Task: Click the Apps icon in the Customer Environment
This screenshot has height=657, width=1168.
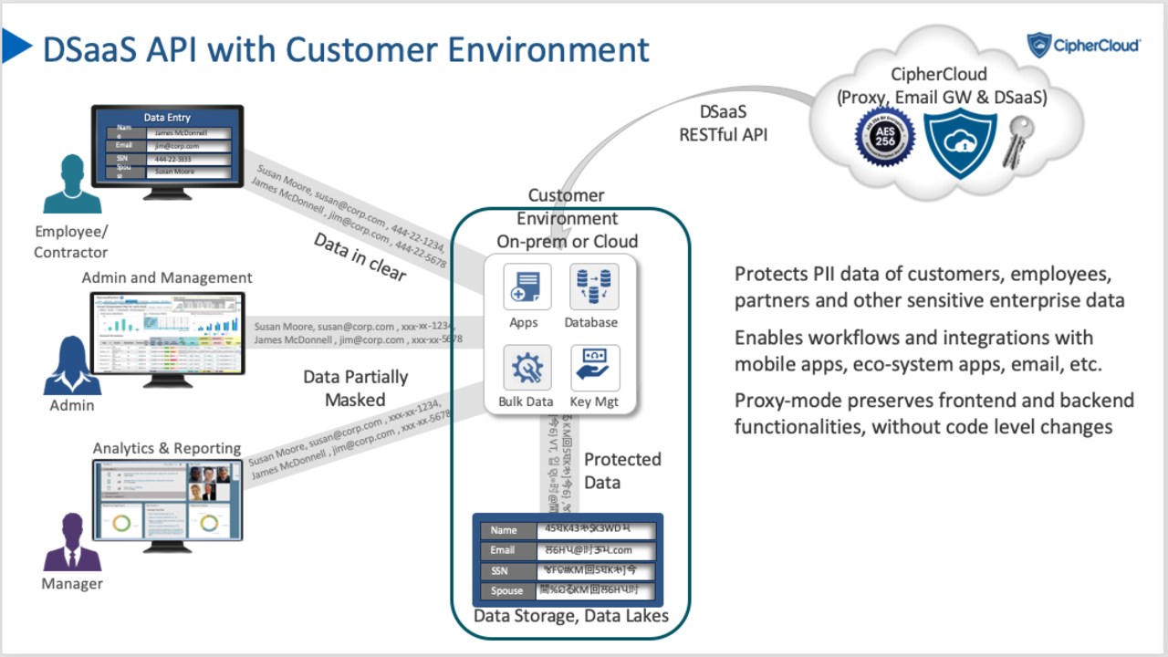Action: [527, 287]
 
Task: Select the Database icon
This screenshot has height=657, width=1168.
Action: [594, 287]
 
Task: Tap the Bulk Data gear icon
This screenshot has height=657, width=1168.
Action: [527, 368]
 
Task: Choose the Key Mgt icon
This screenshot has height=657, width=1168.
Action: [594, 368]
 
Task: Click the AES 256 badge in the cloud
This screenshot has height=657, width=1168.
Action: [884, 137]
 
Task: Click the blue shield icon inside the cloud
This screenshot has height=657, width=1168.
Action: [959, 142]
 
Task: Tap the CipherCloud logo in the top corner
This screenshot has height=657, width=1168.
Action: [1083, 45]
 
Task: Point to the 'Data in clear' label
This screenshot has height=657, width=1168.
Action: [360, 257]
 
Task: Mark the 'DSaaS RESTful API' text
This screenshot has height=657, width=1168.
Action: [723, 123]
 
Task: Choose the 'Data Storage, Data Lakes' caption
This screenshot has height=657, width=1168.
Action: [570, 616]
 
